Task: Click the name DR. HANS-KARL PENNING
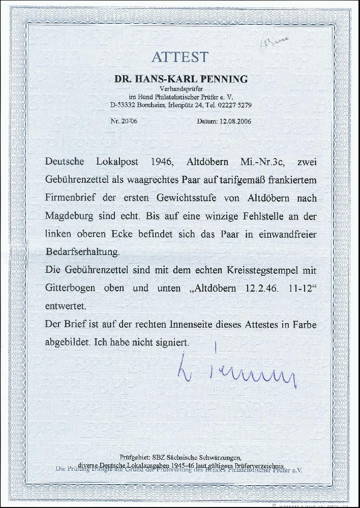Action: pyautogui.click(x=179, y=79)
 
